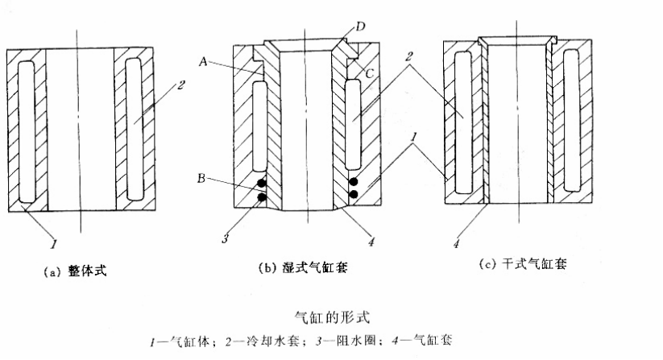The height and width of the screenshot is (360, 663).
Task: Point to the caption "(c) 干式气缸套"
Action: [523, 265]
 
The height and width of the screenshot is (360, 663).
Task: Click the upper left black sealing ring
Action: [260, 183]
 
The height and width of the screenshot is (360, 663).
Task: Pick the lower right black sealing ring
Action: [355, 195]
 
